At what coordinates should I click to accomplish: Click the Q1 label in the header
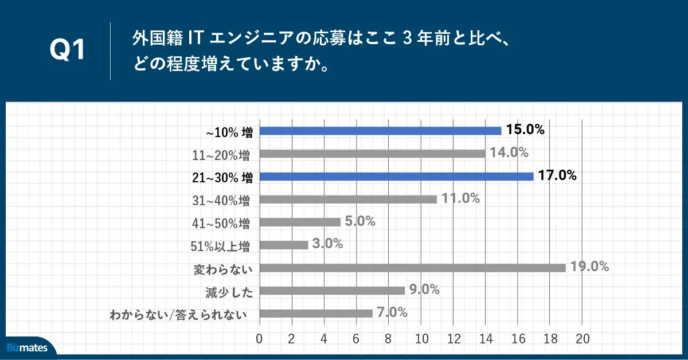[68, 50]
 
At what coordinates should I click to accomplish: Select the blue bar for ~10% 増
[380, 131]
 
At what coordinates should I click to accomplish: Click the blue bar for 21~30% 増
[396, 177]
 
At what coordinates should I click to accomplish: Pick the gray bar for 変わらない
[412, 268]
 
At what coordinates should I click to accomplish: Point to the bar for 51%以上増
[284, 245]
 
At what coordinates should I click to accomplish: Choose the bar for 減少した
[332, 291]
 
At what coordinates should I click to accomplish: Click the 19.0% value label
[589, 267]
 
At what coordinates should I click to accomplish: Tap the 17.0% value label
[557, 175]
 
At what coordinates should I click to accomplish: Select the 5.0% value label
[360, 221]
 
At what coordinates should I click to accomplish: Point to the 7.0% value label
[392, 312]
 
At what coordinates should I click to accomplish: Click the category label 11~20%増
[220, 154]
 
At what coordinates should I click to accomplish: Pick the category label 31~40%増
[220, 200]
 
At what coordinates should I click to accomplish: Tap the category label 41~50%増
[220, 223]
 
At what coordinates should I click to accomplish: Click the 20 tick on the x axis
[583, 338]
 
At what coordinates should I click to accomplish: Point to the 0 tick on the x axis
[260, 338]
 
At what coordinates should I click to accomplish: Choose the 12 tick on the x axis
[454, 338]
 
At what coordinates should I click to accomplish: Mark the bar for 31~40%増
[348, 199]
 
